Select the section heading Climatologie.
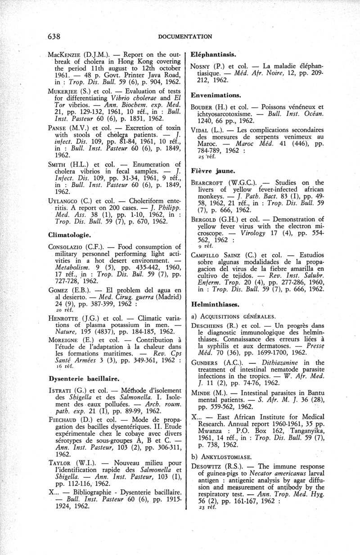[x=69, y=235]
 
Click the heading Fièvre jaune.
[x=210, y=171]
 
